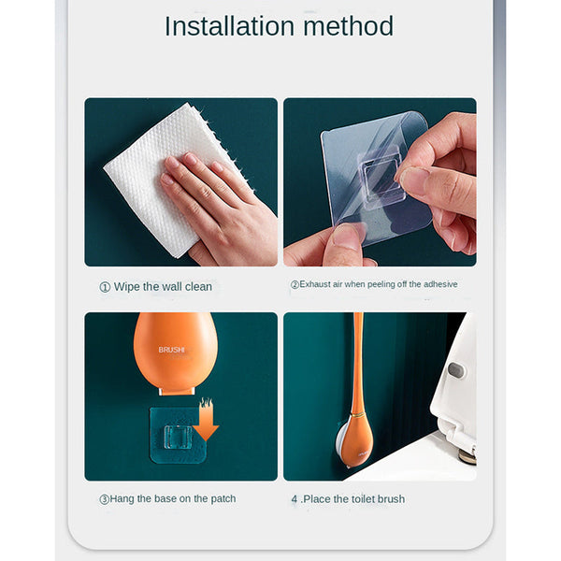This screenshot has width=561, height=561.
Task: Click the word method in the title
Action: [x=346, y=25]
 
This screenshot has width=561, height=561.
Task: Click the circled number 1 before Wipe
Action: [x=105, y=287]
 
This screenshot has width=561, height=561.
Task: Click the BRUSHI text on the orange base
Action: [x=172, y=350]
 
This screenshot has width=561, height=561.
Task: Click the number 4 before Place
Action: [x=294, y=499]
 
